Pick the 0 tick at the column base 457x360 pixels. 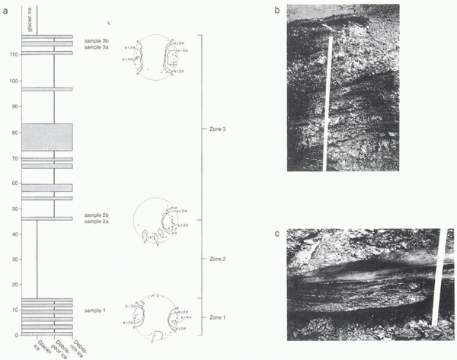(x=16, y=335)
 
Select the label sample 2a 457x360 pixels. (x=97, y=222)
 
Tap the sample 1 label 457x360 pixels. (x=94, y=312)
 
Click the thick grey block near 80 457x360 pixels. (x=46, y=137)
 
